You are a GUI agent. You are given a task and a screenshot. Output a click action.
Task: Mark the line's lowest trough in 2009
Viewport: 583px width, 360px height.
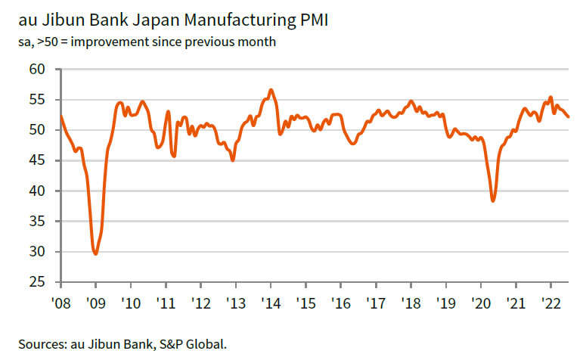(95, 253)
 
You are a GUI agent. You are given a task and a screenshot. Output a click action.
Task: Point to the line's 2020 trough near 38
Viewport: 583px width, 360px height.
(493, 200)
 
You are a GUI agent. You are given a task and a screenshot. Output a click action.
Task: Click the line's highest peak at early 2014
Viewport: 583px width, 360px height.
(271, 90)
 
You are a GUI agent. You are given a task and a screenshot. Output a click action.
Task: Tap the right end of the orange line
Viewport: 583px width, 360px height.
(569, 116)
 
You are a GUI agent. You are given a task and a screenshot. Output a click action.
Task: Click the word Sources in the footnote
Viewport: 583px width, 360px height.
(39, 343)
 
